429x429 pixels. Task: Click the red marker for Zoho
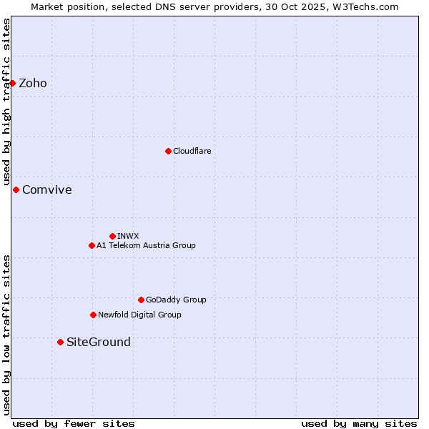pyautogui.click(x=12, y=83)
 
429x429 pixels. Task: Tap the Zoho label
pyautogui.click(x=33, y=84)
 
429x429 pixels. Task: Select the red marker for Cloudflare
pyautogui.click(x=168, y=151)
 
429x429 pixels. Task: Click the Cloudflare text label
pyautogui.click(x=192, y=151)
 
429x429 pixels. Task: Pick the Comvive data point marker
pyautogui.click(x=16, y=189)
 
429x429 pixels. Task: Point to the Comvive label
pyautogui.click(x=47, y=190)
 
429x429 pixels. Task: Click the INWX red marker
pyautogui.click(x=112, y=236)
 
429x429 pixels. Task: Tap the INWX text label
pyautogui.click(x=128, y=236)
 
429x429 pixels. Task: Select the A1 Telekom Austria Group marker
pyautogui.click(x=92, y=245)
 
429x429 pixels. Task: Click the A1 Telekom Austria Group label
pyautogui.click(x=146, y=245)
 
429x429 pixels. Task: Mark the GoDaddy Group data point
pyautogui.click(x=141, y=300)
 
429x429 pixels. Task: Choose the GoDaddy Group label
pyautogui.click(x=176, y=300)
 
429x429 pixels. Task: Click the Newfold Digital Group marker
pyautogui.click(x=93, y=315)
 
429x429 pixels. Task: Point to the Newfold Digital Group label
pyautogui.click(x=139, y=315)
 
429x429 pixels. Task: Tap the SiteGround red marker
pyautogui.click(x=60, y=342)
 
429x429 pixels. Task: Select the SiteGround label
pyautogui.click(x=99, y=342)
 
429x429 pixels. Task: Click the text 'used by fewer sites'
pyautogui.click(x=74, y=423)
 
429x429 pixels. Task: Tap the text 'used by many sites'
pyautogui.click(x=359, y=423)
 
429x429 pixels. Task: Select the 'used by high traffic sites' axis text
pyautogui.click(x=6, y=102)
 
